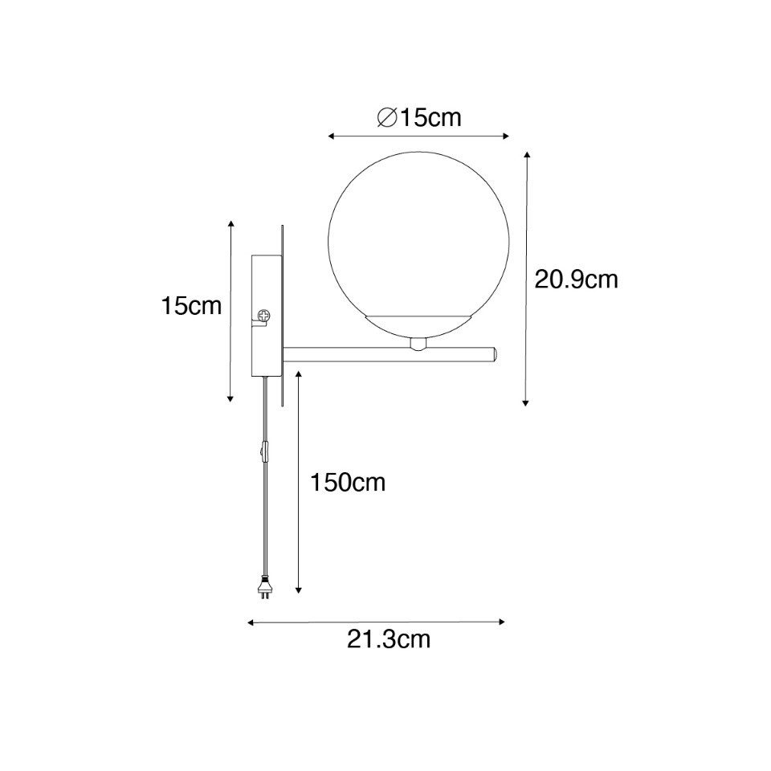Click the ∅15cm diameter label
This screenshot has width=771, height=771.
(419, 118)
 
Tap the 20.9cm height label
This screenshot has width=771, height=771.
(576, 279)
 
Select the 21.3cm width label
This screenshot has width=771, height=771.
(389, 640)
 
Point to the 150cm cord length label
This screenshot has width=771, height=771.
(347, 483)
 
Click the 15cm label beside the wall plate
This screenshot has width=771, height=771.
(191, 306)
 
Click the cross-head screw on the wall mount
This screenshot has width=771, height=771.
(264, 315)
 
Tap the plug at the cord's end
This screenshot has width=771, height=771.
(266, 588)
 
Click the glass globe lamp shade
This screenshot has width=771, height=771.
(418, 245)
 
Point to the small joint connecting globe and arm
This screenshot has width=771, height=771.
(418, 345)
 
